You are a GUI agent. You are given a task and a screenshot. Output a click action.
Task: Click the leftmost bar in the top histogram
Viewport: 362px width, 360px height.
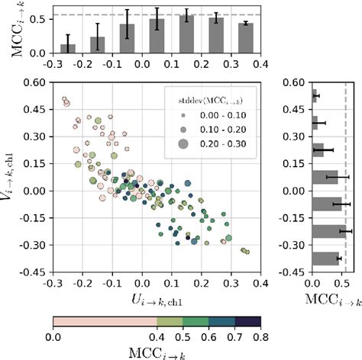pos(68,48)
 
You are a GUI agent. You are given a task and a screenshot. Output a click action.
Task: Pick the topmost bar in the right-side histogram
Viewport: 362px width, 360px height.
pos(314,95)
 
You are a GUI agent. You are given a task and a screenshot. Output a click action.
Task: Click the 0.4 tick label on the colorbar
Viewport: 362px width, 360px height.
pos(157,333)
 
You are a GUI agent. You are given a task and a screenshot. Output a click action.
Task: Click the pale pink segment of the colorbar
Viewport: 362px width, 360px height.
pos(104,320)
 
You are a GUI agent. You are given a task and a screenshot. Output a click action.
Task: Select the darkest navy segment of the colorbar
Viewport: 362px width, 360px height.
pos(247,320)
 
